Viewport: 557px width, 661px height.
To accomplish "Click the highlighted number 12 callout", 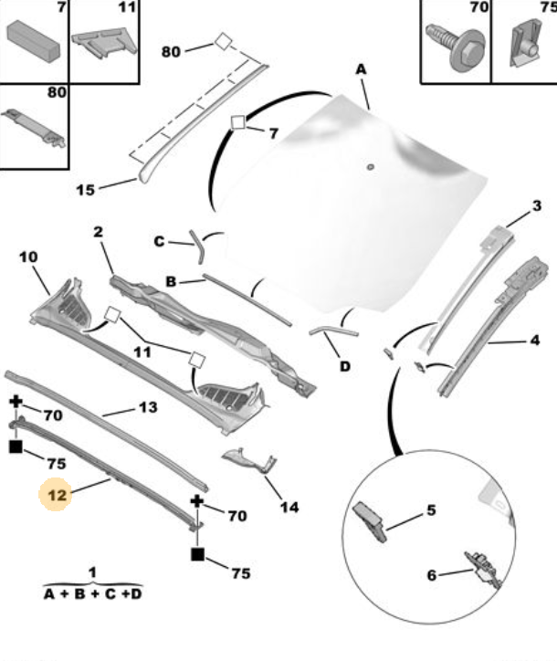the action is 58,495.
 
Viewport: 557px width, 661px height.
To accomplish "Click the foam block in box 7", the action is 33,41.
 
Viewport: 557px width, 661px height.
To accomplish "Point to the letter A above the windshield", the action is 361,69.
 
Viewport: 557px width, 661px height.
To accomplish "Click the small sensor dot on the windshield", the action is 371,167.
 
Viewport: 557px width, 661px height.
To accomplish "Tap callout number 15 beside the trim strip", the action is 86,190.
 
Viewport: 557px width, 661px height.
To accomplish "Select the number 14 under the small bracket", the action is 289,507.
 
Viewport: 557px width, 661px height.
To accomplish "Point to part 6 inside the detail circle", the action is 484,569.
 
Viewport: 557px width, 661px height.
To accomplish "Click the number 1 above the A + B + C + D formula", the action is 92,572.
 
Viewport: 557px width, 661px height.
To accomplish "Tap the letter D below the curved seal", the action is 345,366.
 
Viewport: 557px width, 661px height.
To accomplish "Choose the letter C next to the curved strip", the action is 159,242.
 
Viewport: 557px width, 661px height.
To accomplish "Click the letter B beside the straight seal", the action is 171,281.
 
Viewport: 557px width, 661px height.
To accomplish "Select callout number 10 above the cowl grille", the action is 28,257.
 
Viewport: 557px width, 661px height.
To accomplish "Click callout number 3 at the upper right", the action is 536,205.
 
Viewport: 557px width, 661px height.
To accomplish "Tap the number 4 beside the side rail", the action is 535,340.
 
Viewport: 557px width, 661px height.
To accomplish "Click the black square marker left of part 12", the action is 16,446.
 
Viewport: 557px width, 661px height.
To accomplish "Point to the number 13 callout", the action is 148,407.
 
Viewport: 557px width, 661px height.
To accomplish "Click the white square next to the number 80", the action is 223,42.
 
